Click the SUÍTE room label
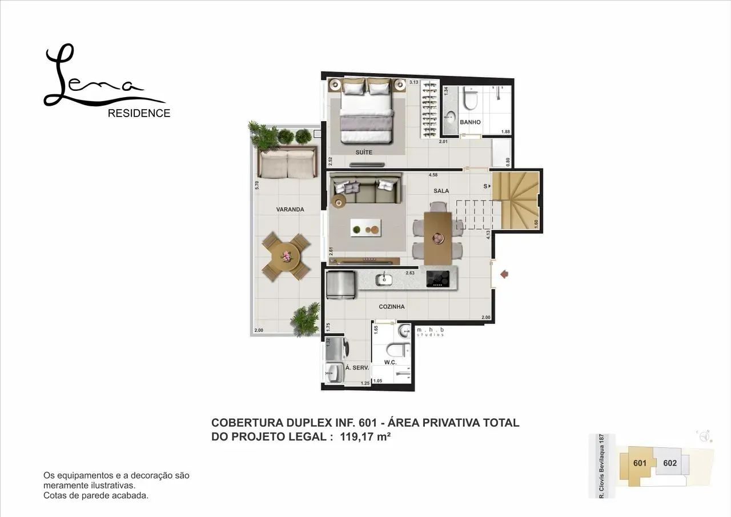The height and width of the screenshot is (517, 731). click(x=364, y=153)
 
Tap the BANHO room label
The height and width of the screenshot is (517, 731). click(x=470, y=122)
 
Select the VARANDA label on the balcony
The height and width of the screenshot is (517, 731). click(x=290, y=210)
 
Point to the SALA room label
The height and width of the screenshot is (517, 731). click(x=441, y=191)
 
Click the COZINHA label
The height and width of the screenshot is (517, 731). click(x=392, y=307)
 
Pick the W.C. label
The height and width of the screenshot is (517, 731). click(x=391, y=363)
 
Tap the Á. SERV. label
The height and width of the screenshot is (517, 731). click(x=357, y=368)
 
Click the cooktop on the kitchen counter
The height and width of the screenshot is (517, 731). click(x=438, y=278)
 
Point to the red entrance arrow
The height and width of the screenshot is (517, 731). click(x=504, y=275)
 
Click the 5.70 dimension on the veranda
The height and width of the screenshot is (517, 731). click(x=258, y=185)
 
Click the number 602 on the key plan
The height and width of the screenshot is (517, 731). click(x=670, y=463)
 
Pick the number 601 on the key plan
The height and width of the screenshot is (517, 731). click(x=640, y=463)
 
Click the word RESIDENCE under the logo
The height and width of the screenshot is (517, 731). click(x=139, y=113)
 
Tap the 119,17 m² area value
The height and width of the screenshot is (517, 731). click(x=365, y=437)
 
